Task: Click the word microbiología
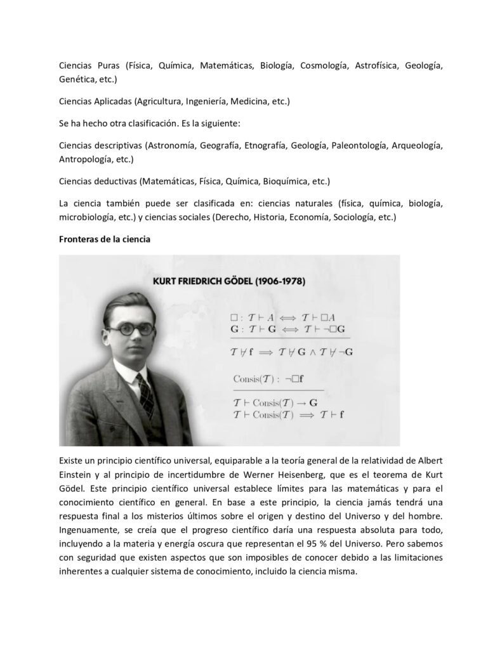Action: [88, 217]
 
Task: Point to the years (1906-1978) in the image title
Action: [275, 281]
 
